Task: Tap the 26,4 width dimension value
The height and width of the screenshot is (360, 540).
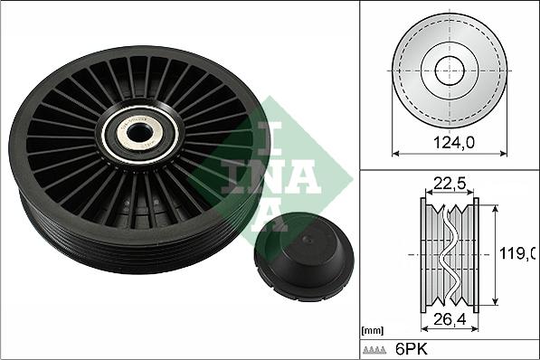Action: tap(450, 319)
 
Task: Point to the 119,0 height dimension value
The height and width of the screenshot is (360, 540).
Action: tap(517, 254)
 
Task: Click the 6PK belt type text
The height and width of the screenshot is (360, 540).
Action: tap(412, 349)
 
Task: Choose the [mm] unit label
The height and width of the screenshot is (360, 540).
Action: tap(373, 331)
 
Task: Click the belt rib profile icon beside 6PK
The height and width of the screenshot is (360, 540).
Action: tap(374, 350)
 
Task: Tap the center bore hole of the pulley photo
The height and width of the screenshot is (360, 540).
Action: tap(139, 133)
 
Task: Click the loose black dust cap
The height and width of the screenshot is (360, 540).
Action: tap(304, 257)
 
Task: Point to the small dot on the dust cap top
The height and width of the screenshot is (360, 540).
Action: tap(308, 240)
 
